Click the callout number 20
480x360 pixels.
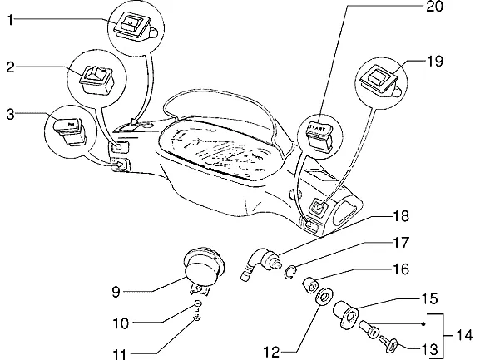[435, 7]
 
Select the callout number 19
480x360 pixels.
[435, 62]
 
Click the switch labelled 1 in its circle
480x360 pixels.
[135, 26]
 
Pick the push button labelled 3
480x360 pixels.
[70, 130]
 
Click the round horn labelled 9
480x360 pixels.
[204, 270]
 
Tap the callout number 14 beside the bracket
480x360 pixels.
[464, 336]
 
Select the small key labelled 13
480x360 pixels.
[388, 344]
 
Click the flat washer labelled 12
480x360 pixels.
[324, 297]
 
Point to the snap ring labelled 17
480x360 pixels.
[289, 272]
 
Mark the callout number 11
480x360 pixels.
[120, 354]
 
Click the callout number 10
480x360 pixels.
[121, 323]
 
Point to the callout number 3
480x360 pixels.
[11, 115]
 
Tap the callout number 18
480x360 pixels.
[401, 216]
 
